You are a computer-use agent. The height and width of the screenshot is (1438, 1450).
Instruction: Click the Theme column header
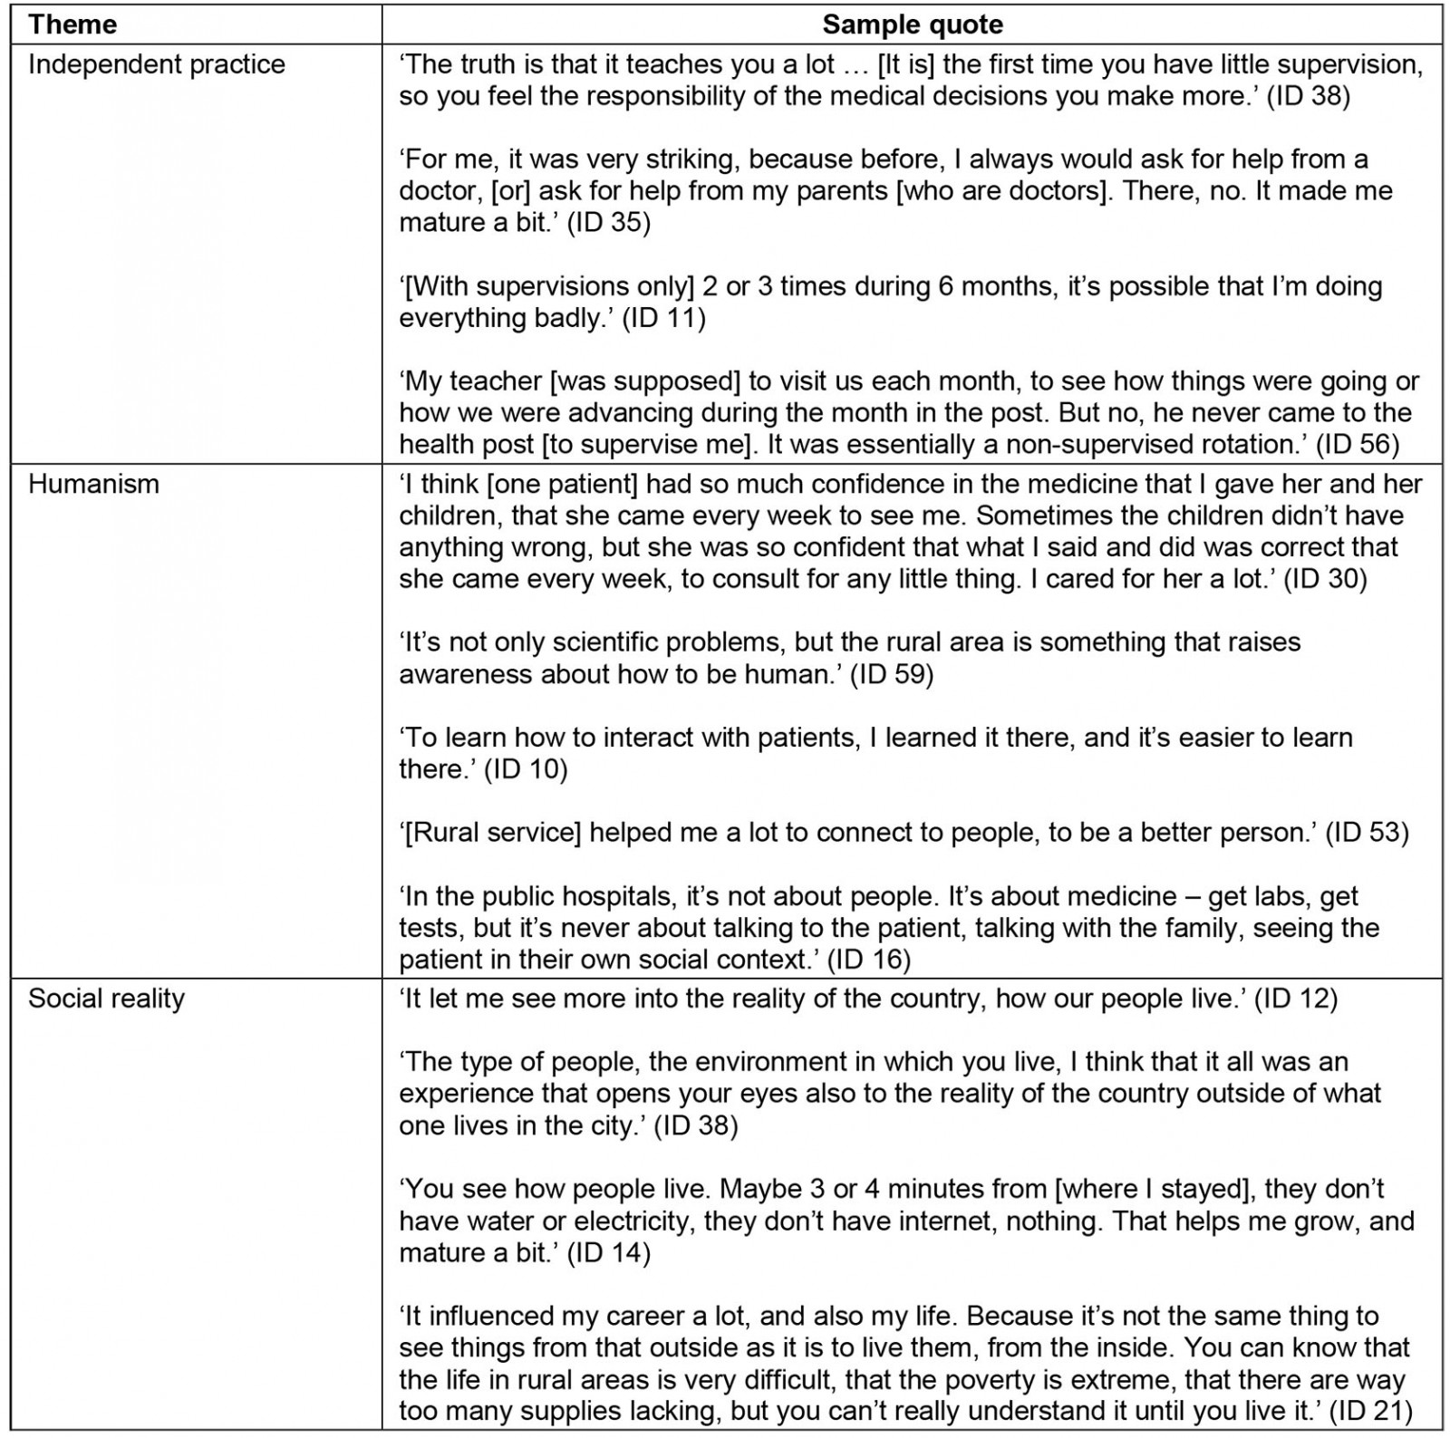[x=72, y=24]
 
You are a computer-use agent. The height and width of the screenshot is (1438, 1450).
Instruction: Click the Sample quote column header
[x=912, y=24]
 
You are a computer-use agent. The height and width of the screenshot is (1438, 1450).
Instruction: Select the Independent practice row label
[x=156, y=64]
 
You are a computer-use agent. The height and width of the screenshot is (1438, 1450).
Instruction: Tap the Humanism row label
[x=93, y=484]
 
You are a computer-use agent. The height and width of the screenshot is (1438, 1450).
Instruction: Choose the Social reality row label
[x=106, y=999]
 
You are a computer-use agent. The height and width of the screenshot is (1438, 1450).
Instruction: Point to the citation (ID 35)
[x=608, y=223]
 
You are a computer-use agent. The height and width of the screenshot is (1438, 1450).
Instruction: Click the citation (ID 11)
[x=663, y=318]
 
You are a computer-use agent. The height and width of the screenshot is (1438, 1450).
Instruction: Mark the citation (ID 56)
[x=1357, y=444]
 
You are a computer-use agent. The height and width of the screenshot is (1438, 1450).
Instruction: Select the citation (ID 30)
[x=1325, y=579]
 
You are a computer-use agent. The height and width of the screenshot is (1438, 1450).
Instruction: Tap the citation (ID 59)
[x=891, y=674]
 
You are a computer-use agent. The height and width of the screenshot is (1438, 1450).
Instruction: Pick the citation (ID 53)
[x=1367, y=833]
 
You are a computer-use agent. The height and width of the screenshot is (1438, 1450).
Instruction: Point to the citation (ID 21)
[x=1370, y=1411]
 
